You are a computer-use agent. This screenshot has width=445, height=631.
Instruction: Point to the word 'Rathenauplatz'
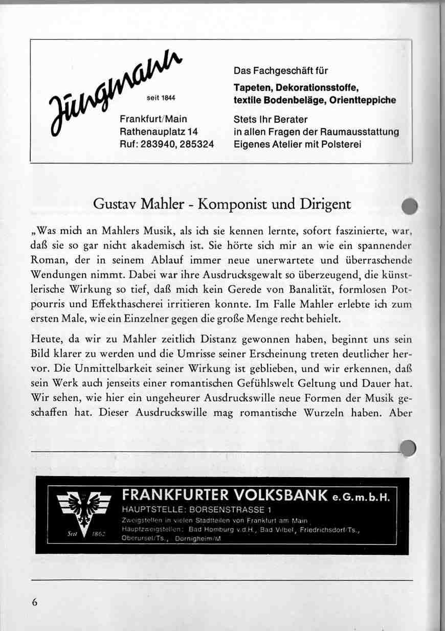pos(148,132)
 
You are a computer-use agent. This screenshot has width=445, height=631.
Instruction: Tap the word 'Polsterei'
pos(341,145)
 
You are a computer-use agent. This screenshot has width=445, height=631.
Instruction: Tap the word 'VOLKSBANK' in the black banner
pos(277,495)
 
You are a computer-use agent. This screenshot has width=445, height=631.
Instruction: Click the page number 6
pos(35,602)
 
